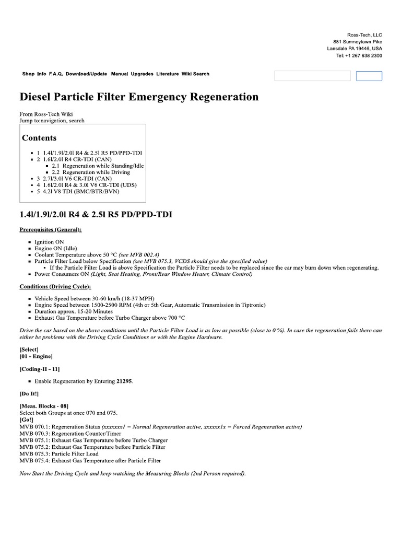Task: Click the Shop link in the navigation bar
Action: (x=28, y=74)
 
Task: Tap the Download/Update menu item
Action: (x=86, y=74)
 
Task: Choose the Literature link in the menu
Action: (x=167, y=74)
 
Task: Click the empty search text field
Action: (x=312, y=76)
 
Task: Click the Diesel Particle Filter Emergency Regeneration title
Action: (x=139, y=97)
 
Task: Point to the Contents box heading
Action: (x=39, y=138)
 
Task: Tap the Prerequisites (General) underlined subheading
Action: (x=51, y=230)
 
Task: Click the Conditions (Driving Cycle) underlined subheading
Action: (x=55, y=287)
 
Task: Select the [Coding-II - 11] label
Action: (x=43, y=369)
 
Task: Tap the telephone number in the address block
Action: (x=359, y=55)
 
